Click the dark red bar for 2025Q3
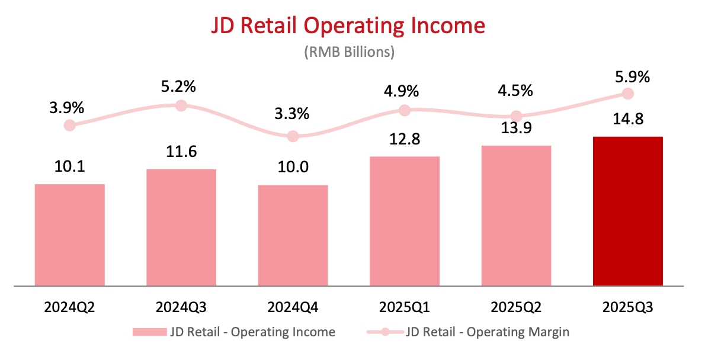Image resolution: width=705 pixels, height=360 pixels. [x=627, y=211]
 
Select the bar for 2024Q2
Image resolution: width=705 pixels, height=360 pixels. [x=70, y=235]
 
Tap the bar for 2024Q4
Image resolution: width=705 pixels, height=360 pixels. [x=293, y=236]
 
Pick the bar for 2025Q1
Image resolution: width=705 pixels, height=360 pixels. [x=405, y=221]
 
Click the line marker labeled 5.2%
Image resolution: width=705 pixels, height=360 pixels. [x=181, y=105]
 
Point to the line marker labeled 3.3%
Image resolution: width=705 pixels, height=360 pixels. [x=293, y=136]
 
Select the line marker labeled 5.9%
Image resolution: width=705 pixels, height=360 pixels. [x=628, y=94]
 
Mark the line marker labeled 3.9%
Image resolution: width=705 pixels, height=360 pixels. [x=70, y=125]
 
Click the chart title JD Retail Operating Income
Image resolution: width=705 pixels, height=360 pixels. [x=349, y=25]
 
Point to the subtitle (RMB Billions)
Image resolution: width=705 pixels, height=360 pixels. [x=349, y=52]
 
